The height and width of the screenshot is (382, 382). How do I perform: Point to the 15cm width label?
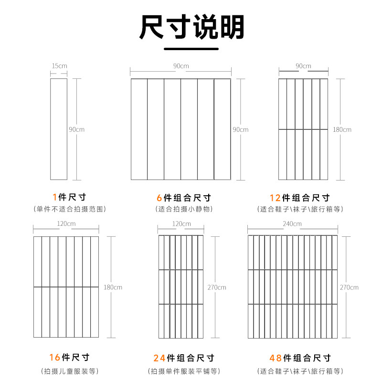tap(59, 66)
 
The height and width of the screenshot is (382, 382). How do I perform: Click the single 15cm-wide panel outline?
tap(59, 129)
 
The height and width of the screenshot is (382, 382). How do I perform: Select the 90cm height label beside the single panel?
tap(76, 129)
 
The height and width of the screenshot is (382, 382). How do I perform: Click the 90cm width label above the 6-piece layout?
tap(181, 66)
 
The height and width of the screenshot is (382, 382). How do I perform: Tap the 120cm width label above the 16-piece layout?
tap(66, 223)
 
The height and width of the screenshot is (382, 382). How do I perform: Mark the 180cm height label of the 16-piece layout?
tap(113, 287)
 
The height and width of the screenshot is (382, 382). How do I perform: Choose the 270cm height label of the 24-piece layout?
tap(217, 287)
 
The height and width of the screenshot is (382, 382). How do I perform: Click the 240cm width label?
tap(292, 223)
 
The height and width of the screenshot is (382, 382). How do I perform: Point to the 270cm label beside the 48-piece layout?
tap(349, 287)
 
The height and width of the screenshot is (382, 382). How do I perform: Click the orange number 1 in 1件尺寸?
tap(55, 197)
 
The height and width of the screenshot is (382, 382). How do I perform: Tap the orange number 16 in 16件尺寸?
tap(54, 357)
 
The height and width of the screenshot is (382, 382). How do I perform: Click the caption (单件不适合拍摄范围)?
tap(70, 209)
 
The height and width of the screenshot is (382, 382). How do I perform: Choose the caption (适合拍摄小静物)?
tap(184, 209)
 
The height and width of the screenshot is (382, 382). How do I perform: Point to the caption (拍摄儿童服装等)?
tap(70, 371)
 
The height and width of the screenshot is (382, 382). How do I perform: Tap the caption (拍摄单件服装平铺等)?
tap(184, 371)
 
